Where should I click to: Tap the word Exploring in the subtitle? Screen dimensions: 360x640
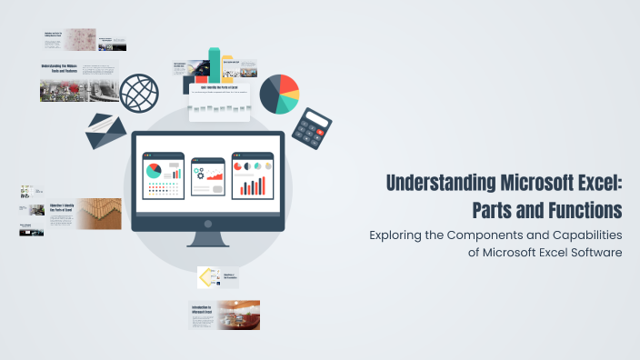400,235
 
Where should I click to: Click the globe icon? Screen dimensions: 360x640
139,93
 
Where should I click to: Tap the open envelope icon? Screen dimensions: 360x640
106,132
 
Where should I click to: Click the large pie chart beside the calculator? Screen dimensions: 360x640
279,94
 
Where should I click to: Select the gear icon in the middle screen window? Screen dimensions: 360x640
200,174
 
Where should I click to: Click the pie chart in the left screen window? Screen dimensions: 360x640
153,170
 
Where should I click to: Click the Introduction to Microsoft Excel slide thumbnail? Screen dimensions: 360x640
224,315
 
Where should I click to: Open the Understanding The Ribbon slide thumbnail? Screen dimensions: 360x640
78,82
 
